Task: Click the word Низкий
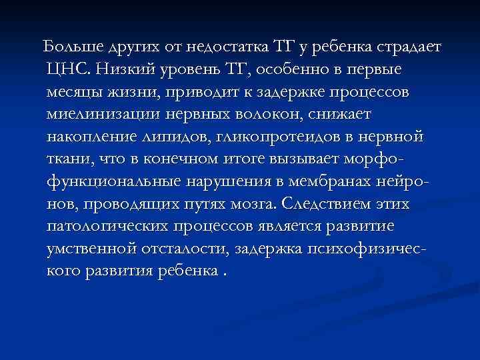(125, 69)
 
